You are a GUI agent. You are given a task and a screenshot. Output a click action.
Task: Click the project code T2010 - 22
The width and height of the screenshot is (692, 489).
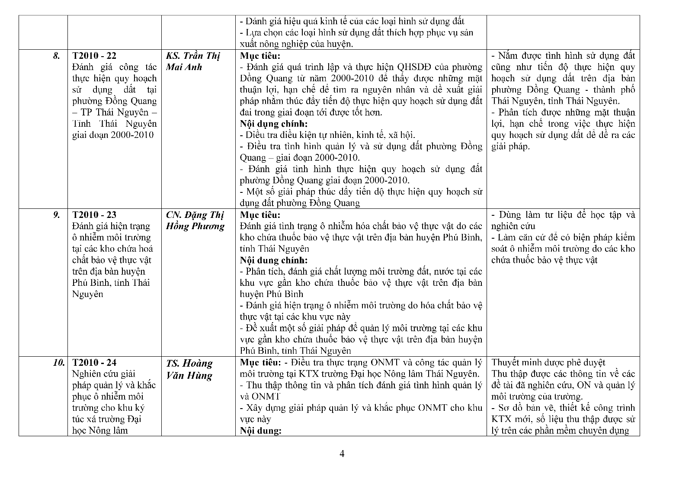[x=94, y=56]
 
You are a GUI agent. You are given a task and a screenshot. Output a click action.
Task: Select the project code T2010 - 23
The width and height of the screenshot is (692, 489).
[x=94, y=215]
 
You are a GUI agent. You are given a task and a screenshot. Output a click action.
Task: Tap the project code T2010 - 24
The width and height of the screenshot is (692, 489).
[x=94, y=363]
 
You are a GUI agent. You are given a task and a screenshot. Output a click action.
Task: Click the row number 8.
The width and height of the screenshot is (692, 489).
[x=57, y=56]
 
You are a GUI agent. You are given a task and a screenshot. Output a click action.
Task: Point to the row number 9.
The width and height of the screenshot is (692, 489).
[x=57, y=215]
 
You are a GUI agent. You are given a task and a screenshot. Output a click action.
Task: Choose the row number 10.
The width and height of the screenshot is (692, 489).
[x=59, y=363]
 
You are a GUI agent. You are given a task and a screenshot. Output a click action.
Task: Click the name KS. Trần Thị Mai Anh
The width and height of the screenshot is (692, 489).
[x=193, y=61]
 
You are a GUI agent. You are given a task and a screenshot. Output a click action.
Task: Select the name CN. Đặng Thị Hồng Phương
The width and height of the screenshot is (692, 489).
[x=195, y=221]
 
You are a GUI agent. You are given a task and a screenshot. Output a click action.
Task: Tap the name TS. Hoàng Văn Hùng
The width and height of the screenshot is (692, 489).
[x=189, y=369]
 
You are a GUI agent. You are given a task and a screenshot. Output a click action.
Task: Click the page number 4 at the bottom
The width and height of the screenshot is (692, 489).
[x=342, y=454]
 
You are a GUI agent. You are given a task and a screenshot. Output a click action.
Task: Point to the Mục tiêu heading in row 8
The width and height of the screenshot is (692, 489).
[x=260, y=56]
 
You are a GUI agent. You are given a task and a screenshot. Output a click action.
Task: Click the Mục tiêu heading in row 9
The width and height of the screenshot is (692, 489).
[x=260, y=215]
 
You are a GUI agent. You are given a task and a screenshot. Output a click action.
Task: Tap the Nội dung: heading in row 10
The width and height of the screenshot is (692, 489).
[x=260, y=431]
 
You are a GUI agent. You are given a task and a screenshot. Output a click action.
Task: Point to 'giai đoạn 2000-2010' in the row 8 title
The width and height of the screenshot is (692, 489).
[x=112, y=135]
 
